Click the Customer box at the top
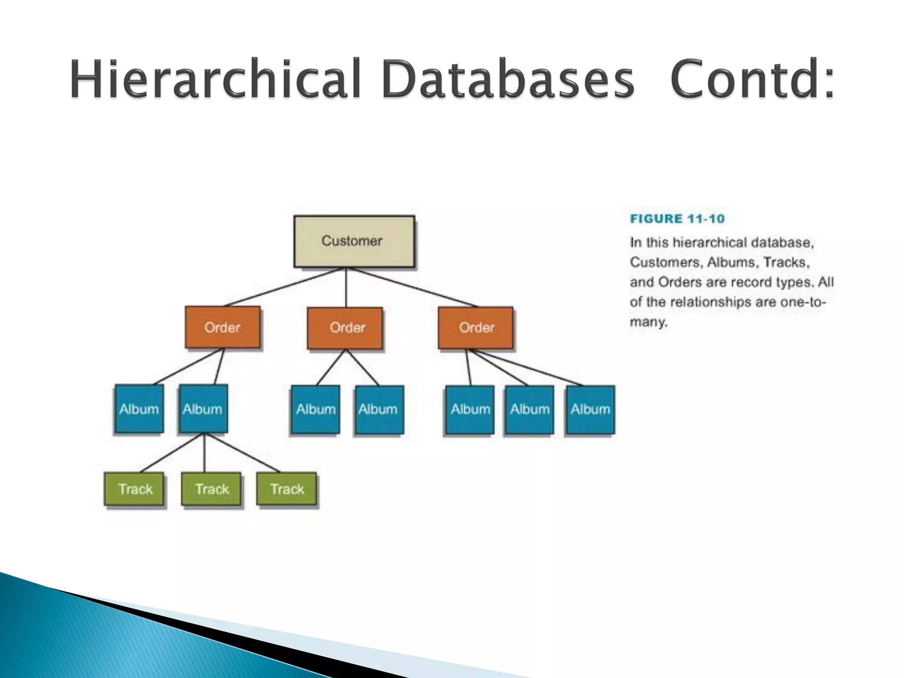pos(354,241)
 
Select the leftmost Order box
pos(222,328)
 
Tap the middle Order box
pos(345,328)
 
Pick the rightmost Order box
pos(475,328)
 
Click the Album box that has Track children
pos(203,409)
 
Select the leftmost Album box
pos(139,409)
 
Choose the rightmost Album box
pos(590,409)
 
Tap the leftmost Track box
pos(134,489)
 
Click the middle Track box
pos(211,489)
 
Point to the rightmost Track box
pos(287,489)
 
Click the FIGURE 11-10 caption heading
pos(677,219)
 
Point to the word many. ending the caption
pos(648,322)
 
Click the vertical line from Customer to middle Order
pos(346,287)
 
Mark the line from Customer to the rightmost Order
pos(413,287)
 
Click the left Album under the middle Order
pos(316,409)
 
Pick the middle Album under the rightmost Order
pos(529,409)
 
